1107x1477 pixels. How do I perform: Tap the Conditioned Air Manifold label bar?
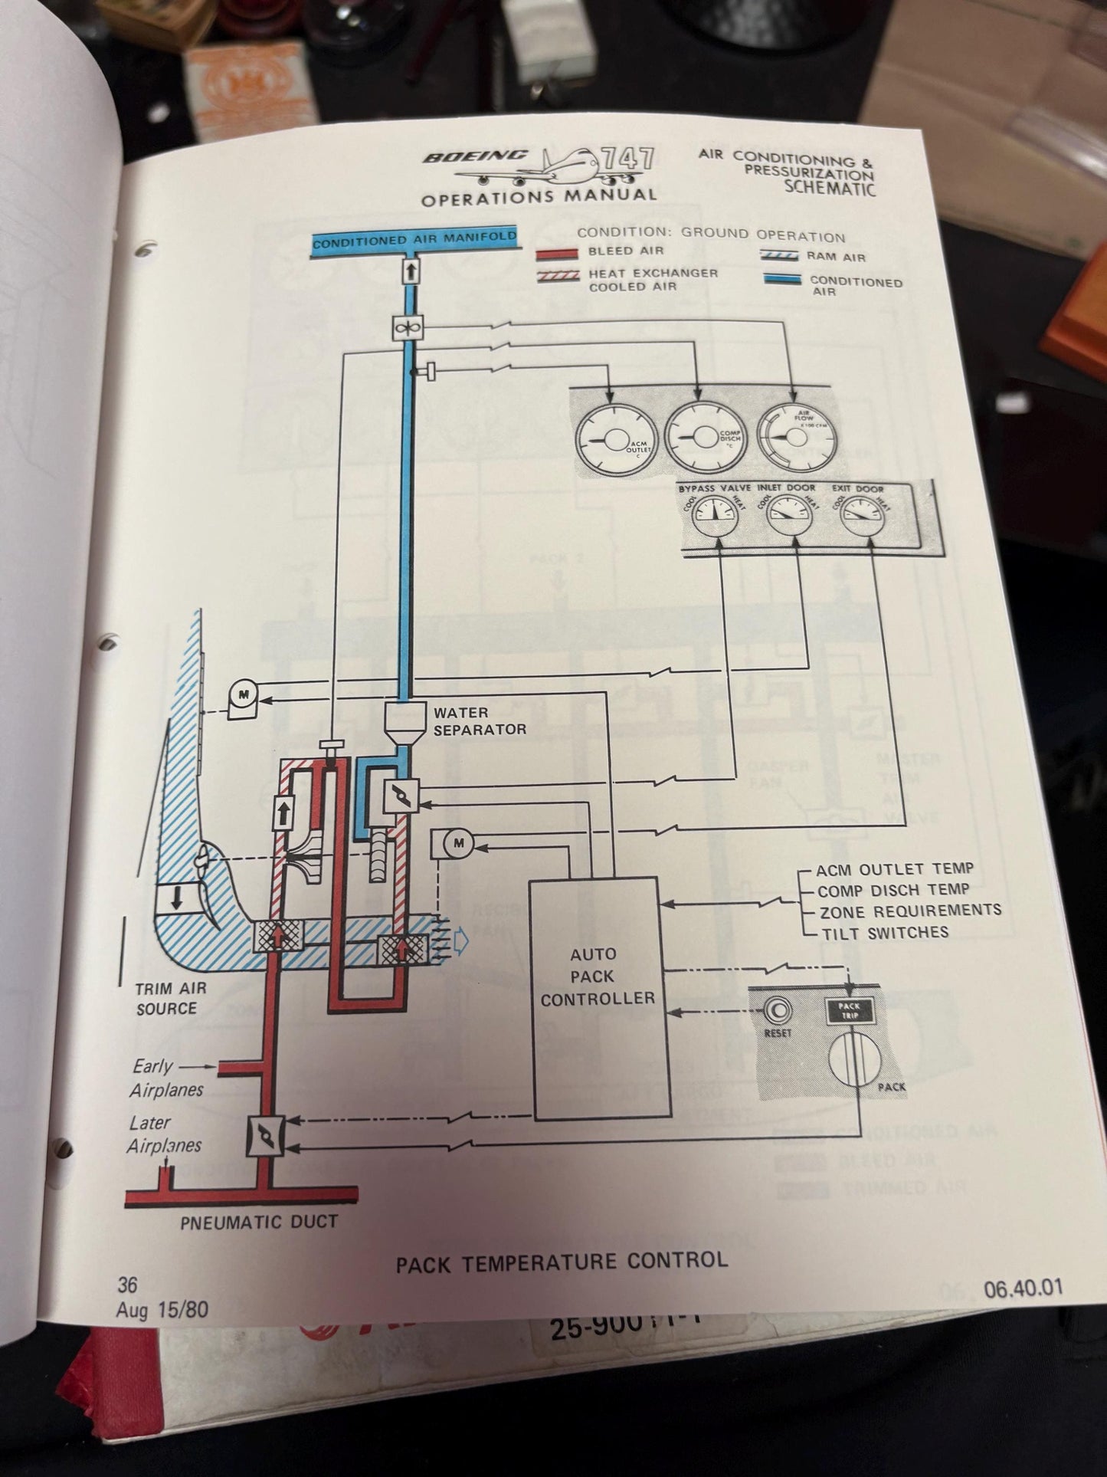click(414, 241)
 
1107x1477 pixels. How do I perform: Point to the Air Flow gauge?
click(797, 435)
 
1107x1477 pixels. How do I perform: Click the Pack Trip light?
click(849, 1011)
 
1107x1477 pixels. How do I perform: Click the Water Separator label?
click(479, 721)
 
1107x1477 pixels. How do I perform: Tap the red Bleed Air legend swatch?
click(556, 253)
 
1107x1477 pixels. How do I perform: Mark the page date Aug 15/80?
click(162, 1309)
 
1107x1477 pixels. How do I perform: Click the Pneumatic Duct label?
click(259, 1222)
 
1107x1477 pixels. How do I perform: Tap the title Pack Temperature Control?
click(562, 1262)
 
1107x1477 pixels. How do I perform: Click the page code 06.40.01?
click(1023, 1288)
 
